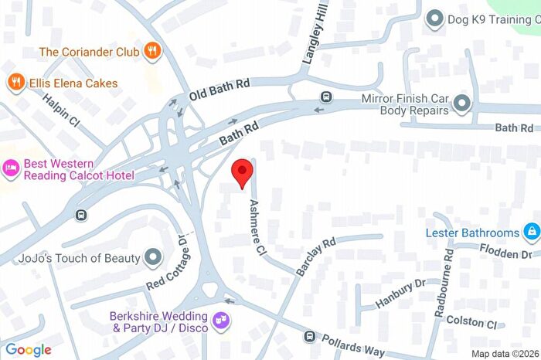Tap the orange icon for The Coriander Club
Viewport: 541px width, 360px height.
click(x=154, y=52)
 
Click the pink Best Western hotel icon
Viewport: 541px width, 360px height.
click(x=11, y=168)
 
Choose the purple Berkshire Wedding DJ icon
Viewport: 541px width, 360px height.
click(x=221, y=320)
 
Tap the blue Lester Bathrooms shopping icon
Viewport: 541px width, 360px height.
click(x=531, y=232)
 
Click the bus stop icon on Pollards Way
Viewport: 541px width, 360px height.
click(x=309, y=336)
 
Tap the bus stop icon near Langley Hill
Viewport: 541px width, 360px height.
click(x=327, y=97)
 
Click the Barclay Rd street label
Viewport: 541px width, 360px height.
click(x=316, y=256)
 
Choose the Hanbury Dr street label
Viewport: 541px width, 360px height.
click(x=400, y=293)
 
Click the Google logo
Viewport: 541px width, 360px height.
click(x=28, y=349)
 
